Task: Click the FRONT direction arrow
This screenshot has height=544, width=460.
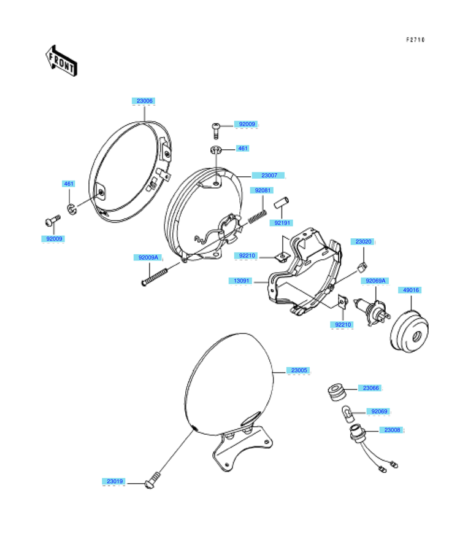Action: pyautogui.click(x=61, y=61)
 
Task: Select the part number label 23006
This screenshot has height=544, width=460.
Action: pyautogui.click(x=144, y=101)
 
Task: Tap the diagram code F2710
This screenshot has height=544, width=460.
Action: pyautogui.click(x=415, y=40)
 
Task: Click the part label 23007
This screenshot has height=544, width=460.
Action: pyautogui.click(x=269, y=176)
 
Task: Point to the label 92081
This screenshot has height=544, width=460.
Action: pyautogui.click(x=262, y=190)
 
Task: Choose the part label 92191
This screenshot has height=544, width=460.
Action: pyautogui.click(x=282, y=223)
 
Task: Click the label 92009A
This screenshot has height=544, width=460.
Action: pyautogui.click(x=148, y=257)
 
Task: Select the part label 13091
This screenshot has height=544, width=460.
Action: pyautogui.click(x=241, y=281)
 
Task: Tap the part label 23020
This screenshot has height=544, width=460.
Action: pyautogui.click(x=362, y=241)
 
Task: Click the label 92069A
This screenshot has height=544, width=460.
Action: pyautogui.click(x=375, y=281)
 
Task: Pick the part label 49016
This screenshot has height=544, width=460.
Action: pyautogui.click(x=410, y=290)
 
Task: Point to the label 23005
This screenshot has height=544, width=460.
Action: pyautogui.click(x=299, y=370)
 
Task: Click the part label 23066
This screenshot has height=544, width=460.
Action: pyautogui.click(x=370, y=388)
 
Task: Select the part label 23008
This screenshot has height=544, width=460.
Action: pyautogui.click(x=392, y=430)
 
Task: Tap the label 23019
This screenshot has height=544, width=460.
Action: pyautogui.click(x=114, y=481)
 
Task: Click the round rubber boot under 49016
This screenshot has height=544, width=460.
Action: pyautogui.click(x=409, y=332)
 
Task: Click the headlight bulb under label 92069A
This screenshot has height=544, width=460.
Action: pyautogui.click(x=372, y=311)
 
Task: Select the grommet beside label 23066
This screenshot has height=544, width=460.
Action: pyautogui.click(x=336, y=392)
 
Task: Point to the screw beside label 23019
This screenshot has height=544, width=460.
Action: pyautogui.click(x=153, y=481)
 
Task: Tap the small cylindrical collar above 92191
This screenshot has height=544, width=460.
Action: pyautogui.click(x=282, y=203)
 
